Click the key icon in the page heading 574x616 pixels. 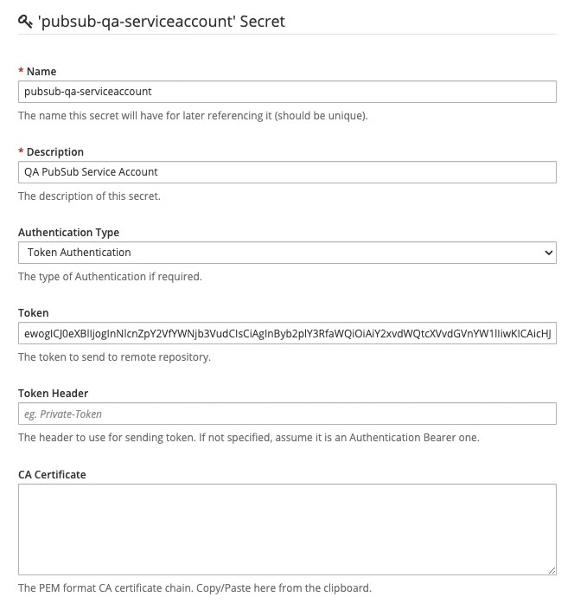(25, 21)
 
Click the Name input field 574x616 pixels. (287, 91)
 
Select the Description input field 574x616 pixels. (287, 171)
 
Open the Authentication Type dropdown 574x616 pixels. (287, 253)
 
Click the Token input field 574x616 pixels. (287, 333)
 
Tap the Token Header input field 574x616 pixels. (287, 414)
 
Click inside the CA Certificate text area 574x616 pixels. (287, 529)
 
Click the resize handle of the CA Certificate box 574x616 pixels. (552, 570)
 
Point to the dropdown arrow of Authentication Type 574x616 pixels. (548, 253)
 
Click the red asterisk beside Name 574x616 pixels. (21, 72)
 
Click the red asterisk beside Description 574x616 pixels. (21, 152)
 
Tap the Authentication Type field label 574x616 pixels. (69, 233)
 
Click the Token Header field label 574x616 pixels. (54, 394)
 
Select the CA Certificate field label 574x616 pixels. (52, 475)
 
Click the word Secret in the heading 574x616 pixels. (262, 21)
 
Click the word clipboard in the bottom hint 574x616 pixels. (346, 588)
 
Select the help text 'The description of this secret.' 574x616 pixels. (90, 196)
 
